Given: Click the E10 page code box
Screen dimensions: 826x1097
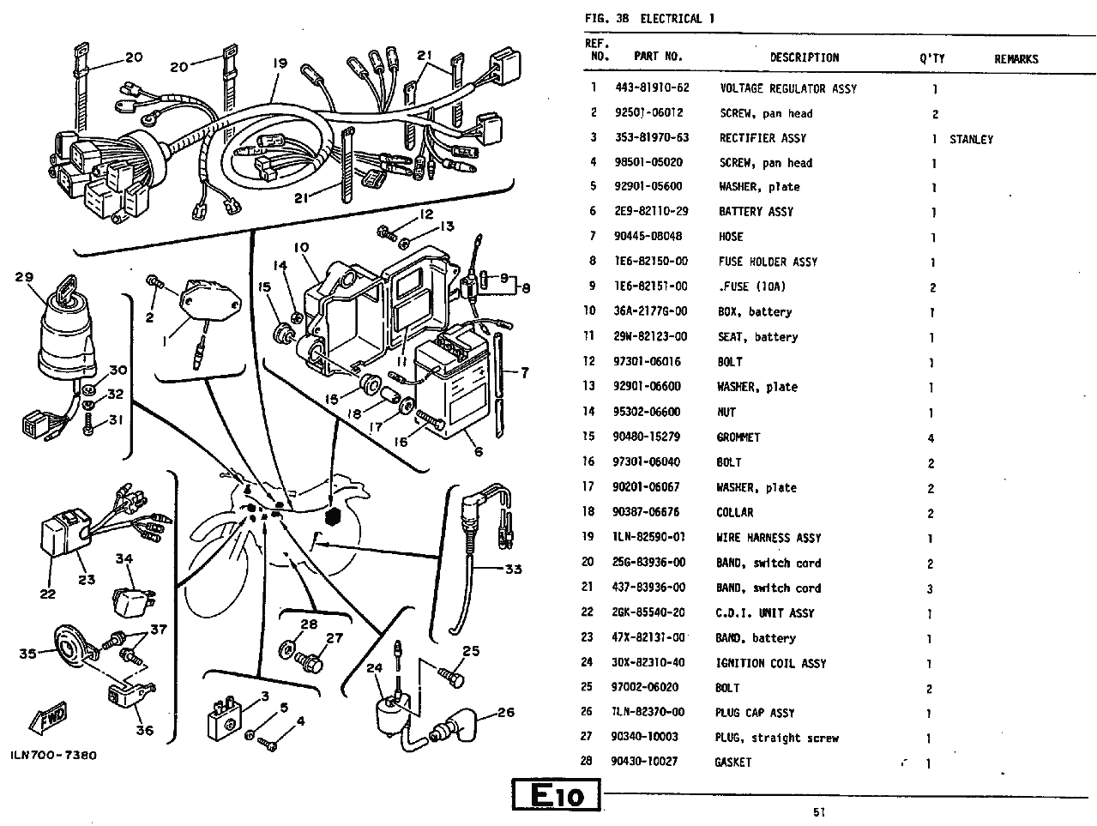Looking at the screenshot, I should point(558,795).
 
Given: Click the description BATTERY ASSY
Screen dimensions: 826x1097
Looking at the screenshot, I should point(756,212).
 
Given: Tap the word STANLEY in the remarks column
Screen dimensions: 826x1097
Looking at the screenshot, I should point(971,139).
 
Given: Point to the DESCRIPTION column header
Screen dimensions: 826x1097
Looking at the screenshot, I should point(804,57).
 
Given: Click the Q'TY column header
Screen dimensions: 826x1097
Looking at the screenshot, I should point(931,58).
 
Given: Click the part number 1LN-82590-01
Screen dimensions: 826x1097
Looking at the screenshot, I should point(649,538).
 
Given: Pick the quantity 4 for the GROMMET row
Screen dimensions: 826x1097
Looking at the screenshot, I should point(931,438).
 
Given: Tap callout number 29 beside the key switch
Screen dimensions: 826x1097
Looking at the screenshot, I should point(24,277).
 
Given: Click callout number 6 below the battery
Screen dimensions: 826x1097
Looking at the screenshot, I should point(478,452).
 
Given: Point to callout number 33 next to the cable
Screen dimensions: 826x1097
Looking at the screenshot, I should point(512,569).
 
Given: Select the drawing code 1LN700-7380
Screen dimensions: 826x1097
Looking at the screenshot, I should point(53,756).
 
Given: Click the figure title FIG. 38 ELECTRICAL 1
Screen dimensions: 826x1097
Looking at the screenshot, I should point(649,19).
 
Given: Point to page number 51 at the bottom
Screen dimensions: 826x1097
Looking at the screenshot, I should point(819,813).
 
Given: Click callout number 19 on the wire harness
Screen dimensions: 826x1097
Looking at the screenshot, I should point(280,63).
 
